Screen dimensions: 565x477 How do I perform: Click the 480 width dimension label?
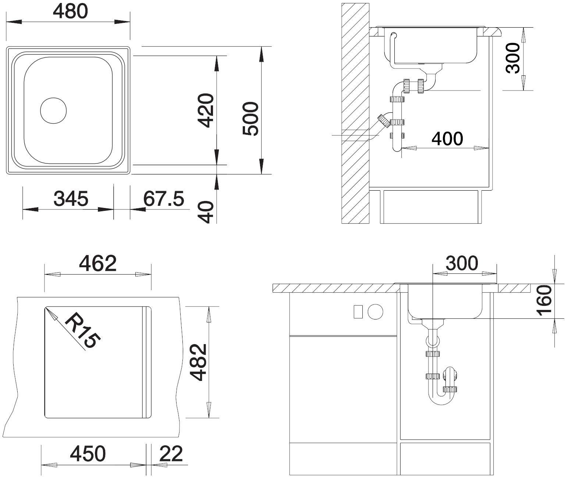[x=70, y=12]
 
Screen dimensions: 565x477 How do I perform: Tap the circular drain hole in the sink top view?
[x=53, y=110]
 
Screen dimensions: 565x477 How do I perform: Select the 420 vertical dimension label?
[x=205, y=110]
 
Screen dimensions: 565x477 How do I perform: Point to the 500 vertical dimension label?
[x=250, y=118]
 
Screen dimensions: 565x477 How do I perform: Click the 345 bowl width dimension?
[x=71, y=198]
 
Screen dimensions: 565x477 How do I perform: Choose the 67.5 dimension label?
[x=164, y=198]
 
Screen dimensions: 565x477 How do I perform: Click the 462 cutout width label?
[x=98, y=263]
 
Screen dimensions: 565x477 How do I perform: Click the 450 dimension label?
[x=88, y=453]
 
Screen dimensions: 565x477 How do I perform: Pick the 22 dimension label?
[x=171, y=453]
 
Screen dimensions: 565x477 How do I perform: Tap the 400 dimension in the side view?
[x=447, y=139]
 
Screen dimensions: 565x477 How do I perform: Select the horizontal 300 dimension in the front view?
[x=462, y=263]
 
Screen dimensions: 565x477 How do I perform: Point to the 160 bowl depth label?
[x=544, y=300]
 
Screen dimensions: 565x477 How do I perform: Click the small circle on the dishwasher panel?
[x=376, y=312]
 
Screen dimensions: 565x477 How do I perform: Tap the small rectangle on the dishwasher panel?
[x=358, y=312]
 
